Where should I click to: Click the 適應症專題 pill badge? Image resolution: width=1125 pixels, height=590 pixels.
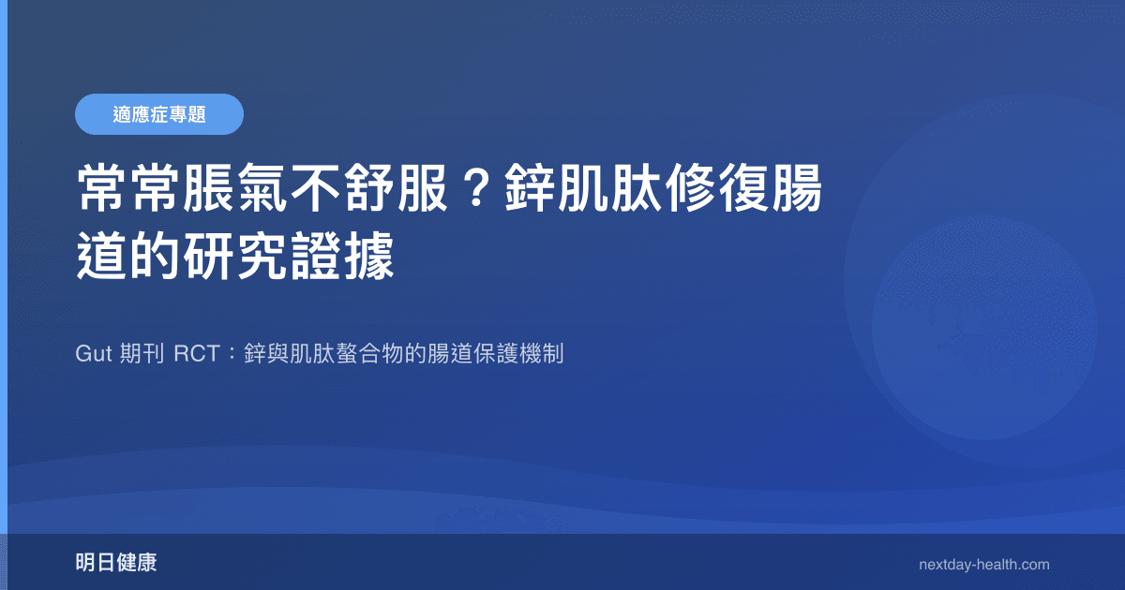click(158, 114)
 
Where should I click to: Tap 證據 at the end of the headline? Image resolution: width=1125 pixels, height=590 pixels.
click(349, 257)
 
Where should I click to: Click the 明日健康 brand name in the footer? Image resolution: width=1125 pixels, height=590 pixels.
click(116, 563)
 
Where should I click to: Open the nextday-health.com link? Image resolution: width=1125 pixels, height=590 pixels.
click(984, 565)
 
